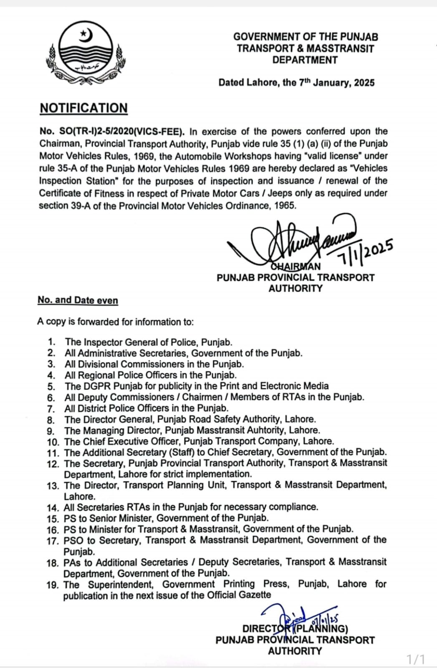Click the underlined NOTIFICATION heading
(x=83, y=108)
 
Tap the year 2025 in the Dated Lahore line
(x=364, y=83)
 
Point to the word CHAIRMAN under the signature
(x=296, y=266)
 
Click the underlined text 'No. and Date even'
(x=78, y=300)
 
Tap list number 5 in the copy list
(x=51, y=387)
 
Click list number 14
(x=53, y=508)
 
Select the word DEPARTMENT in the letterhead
(x=305, y=60)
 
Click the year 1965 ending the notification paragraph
(x=285, y=205)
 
